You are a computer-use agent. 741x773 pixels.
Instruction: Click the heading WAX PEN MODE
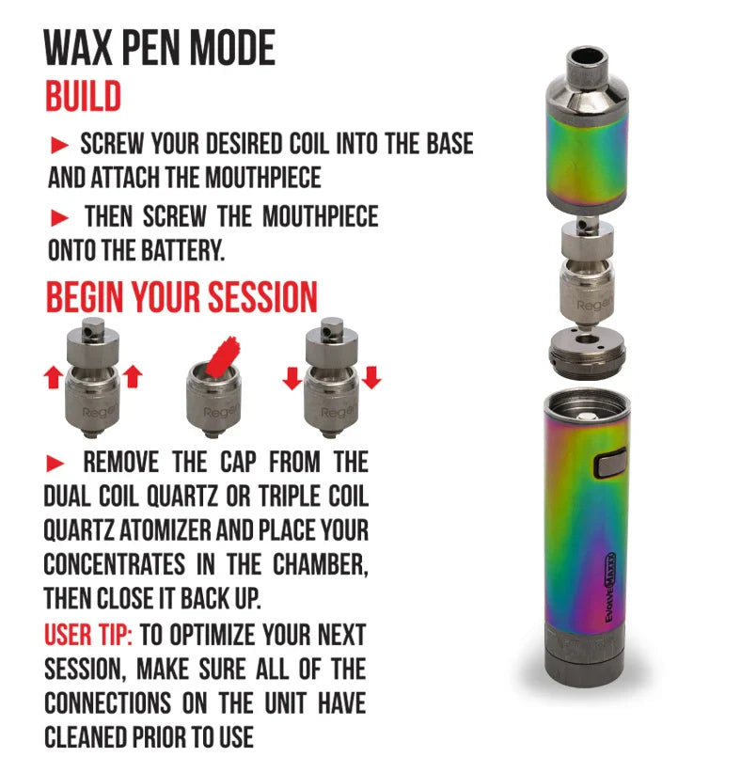pos(159,47)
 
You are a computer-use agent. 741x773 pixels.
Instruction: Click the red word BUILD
pos(84,96)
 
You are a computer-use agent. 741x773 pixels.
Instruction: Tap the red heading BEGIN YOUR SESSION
pos(181,297)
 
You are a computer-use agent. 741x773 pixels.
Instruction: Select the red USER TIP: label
pos(88,635)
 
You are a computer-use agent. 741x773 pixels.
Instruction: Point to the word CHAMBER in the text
pos(321,564)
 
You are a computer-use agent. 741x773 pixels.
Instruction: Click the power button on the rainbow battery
pos(610,463)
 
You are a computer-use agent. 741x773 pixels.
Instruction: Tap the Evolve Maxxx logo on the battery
pos(610,587)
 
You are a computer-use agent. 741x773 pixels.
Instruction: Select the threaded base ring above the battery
pos(587,353)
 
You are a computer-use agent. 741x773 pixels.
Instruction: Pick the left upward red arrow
pos(54,378)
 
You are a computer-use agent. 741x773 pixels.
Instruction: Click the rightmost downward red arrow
pos(371,378)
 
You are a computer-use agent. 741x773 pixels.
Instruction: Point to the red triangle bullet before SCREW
pos(59,146)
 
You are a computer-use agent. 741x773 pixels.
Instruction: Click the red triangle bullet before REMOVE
pos(55,464)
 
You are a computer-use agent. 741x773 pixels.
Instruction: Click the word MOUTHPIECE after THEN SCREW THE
pos(320,217)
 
